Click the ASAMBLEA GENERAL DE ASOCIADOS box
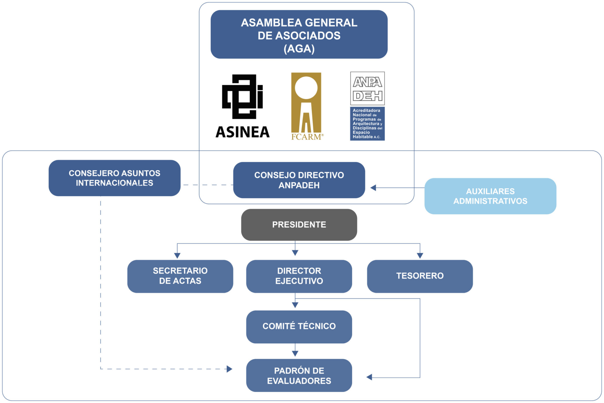pyautogui.click(x=299, y=34)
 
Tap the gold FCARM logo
pyautogui.click(x=306, y=106)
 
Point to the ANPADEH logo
pyautogui.click(x=367, y=106)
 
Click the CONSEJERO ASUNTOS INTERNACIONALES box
pyautogui.click(x=114, y=178)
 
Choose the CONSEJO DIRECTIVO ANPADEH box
pyautogui.click(x=299, y=180)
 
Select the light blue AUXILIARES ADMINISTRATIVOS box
pyautogui.click(x=490, y=196)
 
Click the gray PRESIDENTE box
pyautogui.click(x=299, y=225)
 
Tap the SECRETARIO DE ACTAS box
pyautogui.click(x=180, y=276)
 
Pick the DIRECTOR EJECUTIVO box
pyautogui.click(x=299, y=276)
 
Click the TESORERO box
pyautogui.click(x=420, y=276)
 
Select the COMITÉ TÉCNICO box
pyautogui.click(x=299, y=327)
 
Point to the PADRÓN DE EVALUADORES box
pyautogui.click(x=299, y=375)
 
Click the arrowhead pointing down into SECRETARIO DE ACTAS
pyautogui.click(x=177, y=255)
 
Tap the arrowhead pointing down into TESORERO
pyautogui.click(x=420, y=255)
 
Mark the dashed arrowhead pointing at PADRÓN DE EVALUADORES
pyautogui.click(x=229, y=369)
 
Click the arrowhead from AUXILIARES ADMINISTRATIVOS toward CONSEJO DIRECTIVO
pyautogui.click(x=373, y=188)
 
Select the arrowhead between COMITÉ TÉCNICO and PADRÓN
pyautogui.click(x=295, y=354)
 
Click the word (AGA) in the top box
pyautogui.click(x=299, y=49)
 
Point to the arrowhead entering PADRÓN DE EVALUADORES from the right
pyautogui.click(x=369, y=377)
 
